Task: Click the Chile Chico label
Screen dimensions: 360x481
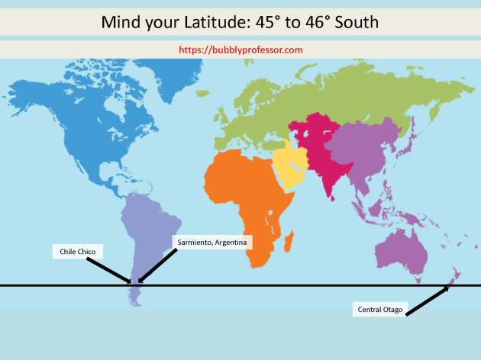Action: [77, 250]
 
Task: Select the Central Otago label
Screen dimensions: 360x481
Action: [379, 309]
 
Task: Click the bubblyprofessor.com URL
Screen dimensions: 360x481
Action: [240, 50]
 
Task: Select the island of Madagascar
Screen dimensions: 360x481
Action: [289, 243]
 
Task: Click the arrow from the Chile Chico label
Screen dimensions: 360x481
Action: [107, 269]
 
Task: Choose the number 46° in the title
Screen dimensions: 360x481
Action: [321, 22]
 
